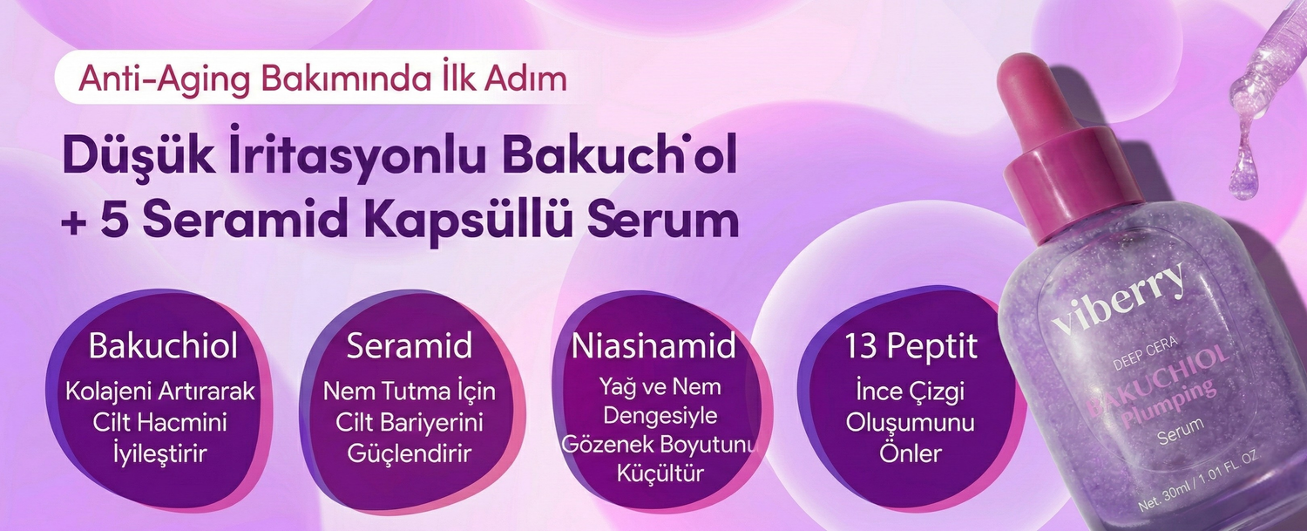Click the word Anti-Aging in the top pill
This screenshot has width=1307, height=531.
164,78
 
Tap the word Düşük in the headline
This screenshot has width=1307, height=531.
139,155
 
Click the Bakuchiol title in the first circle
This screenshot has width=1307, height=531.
163,346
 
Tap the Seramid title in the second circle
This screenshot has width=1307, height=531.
409,346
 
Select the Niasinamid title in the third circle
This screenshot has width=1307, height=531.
653,346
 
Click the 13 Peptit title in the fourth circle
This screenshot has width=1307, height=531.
911,347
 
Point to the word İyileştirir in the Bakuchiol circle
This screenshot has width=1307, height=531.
160,453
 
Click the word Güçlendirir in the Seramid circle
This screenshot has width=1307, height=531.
409,454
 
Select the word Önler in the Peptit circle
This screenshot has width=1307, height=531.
911,453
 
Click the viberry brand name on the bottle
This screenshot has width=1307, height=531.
1119,299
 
